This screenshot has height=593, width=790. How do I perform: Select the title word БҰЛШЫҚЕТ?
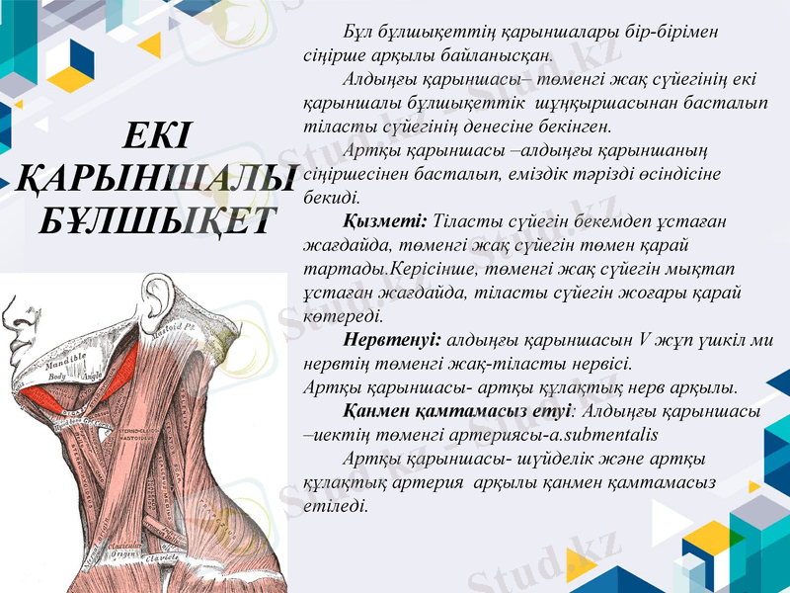pos(157,218)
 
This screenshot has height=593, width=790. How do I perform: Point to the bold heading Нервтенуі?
pos(393,339)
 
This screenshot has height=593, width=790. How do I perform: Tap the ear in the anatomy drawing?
pos(154,297)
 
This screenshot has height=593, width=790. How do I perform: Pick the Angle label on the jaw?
pos(92,377)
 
